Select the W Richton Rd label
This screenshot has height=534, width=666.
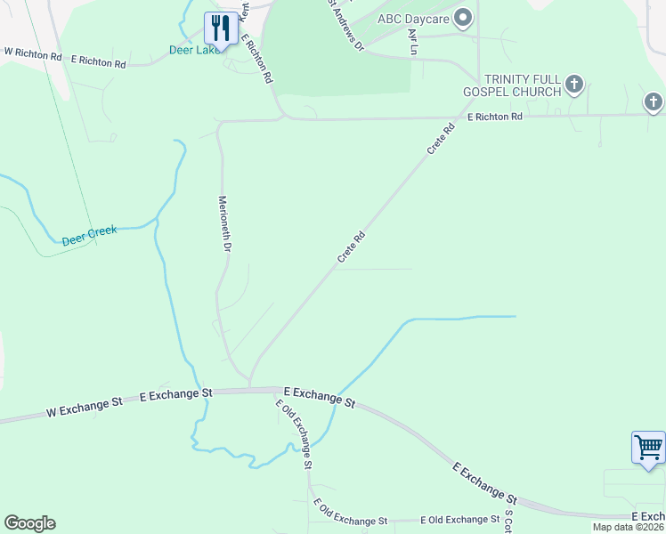(33, 55)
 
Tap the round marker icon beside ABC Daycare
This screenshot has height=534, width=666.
(462, 17)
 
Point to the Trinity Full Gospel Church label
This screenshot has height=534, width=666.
(512, 85)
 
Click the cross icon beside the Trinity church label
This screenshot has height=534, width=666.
(574, 85)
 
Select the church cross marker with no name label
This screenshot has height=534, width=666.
(654, 102)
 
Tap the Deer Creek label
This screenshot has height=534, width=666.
(89, 236)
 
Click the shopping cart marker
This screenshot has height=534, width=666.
(647, 448)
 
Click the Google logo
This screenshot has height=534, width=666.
(29, 523)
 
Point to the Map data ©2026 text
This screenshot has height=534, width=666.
(628, 527)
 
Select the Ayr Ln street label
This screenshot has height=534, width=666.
(411, 41)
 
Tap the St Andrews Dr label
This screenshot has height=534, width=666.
(345, 25)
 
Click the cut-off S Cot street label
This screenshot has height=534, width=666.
(509, 520)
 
